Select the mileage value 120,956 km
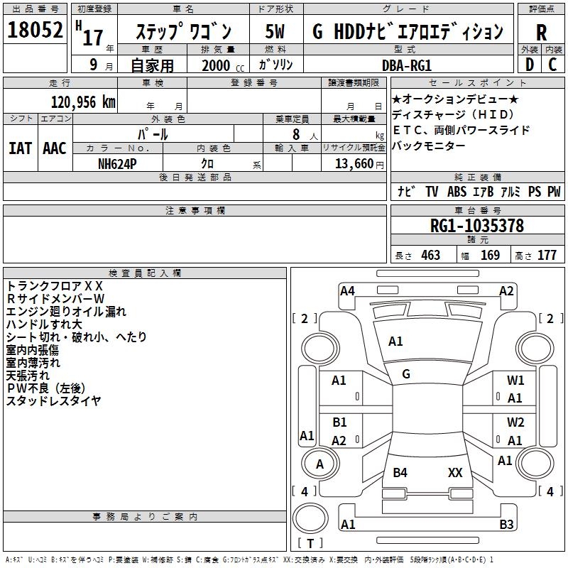tap(83, 102)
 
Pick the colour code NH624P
tap(118, 163)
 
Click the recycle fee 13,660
tap(352, 163)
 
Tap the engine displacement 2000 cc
tap(221, 65)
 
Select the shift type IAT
tap(19, 148)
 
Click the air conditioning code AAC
tap(55, 148)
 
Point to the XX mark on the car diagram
tap(455, 472)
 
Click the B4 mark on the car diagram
tap(400, 472)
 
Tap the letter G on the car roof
tap(405, 374)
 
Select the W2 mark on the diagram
tap(515, 422)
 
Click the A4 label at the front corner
tap(347, 290)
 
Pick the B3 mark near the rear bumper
tap(506, 525)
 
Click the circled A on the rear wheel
tap(319, 464)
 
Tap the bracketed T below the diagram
tap(310, 544)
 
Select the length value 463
tap(430, 256)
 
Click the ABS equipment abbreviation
tap(457, 192)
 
